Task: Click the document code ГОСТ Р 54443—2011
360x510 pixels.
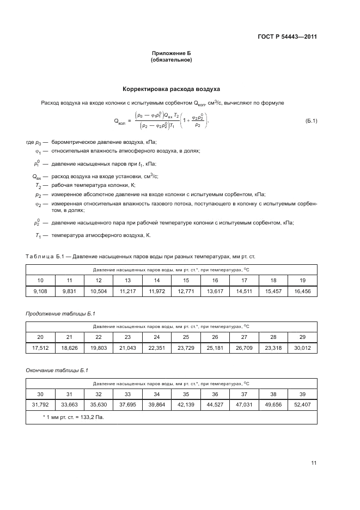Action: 287,37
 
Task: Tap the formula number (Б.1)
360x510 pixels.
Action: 311,120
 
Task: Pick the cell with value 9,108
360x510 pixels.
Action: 40,292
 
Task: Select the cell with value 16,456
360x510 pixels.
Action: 302,292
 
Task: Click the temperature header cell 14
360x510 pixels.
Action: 157,280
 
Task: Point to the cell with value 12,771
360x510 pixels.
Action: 186,292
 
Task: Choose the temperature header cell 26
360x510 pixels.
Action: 215,337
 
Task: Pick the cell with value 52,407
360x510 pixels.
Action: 302,405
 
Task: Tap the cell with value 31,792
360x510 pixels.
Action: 40,405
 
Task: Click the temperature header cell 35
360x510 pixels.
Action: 186,393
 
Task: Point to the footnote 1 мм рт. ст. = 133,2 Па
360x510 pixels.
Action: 73,417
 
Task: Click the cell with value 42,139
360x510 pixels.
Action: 186,405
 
